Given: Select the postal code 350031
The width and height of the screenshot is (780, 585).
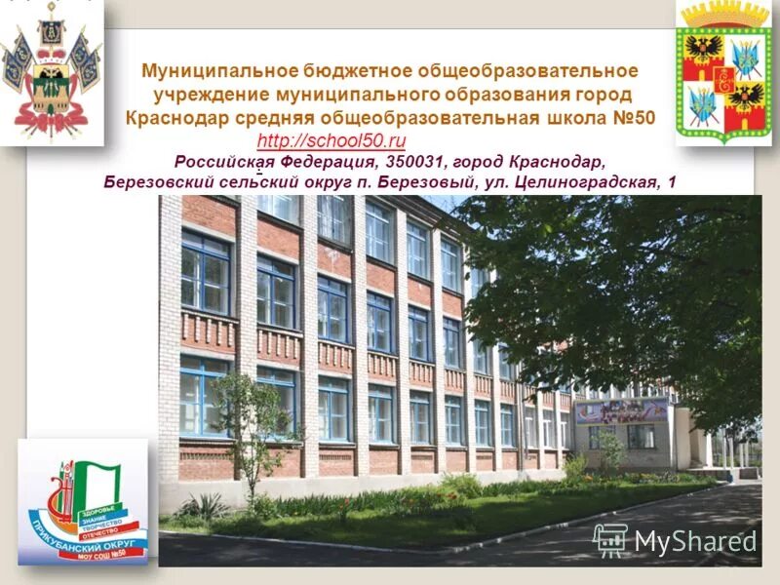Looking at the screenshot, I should pos(413,161).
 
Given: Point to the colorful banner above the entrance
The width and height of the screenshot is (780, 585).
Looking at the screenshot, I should pos(621,410).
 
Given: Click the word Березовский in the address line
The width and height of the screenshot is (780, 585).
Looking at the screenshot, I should pos(158,182).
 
